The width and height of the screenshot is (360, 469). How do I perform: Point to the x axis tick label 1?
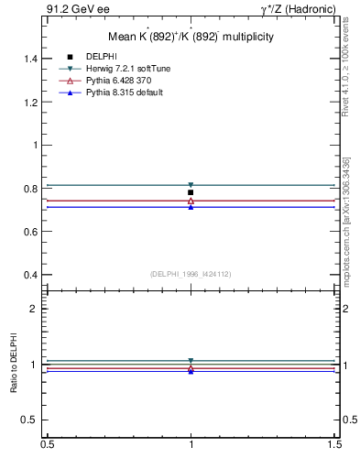tap(191, 444)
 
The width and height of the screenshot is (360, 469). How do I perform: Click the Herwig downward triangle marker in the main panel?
tap(191, 185)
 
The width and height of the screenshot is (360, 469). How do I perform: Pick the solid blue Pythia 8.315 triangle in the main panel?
tap(191, 207)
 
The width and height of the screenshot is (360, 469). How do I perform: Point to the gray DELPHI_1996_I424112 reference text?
tap(191, 273)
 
